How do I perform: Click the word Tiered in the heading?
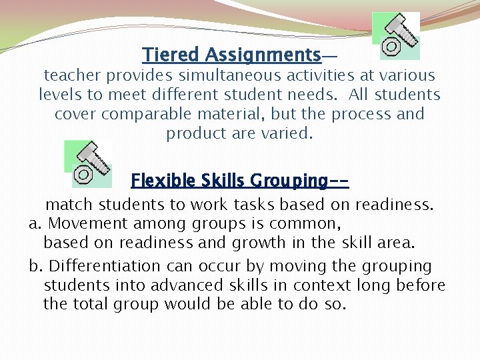click(171, 54)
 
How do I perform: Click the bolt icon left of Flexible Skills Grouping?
click(88, 164)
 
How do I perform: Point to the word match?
click(66, 205)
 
